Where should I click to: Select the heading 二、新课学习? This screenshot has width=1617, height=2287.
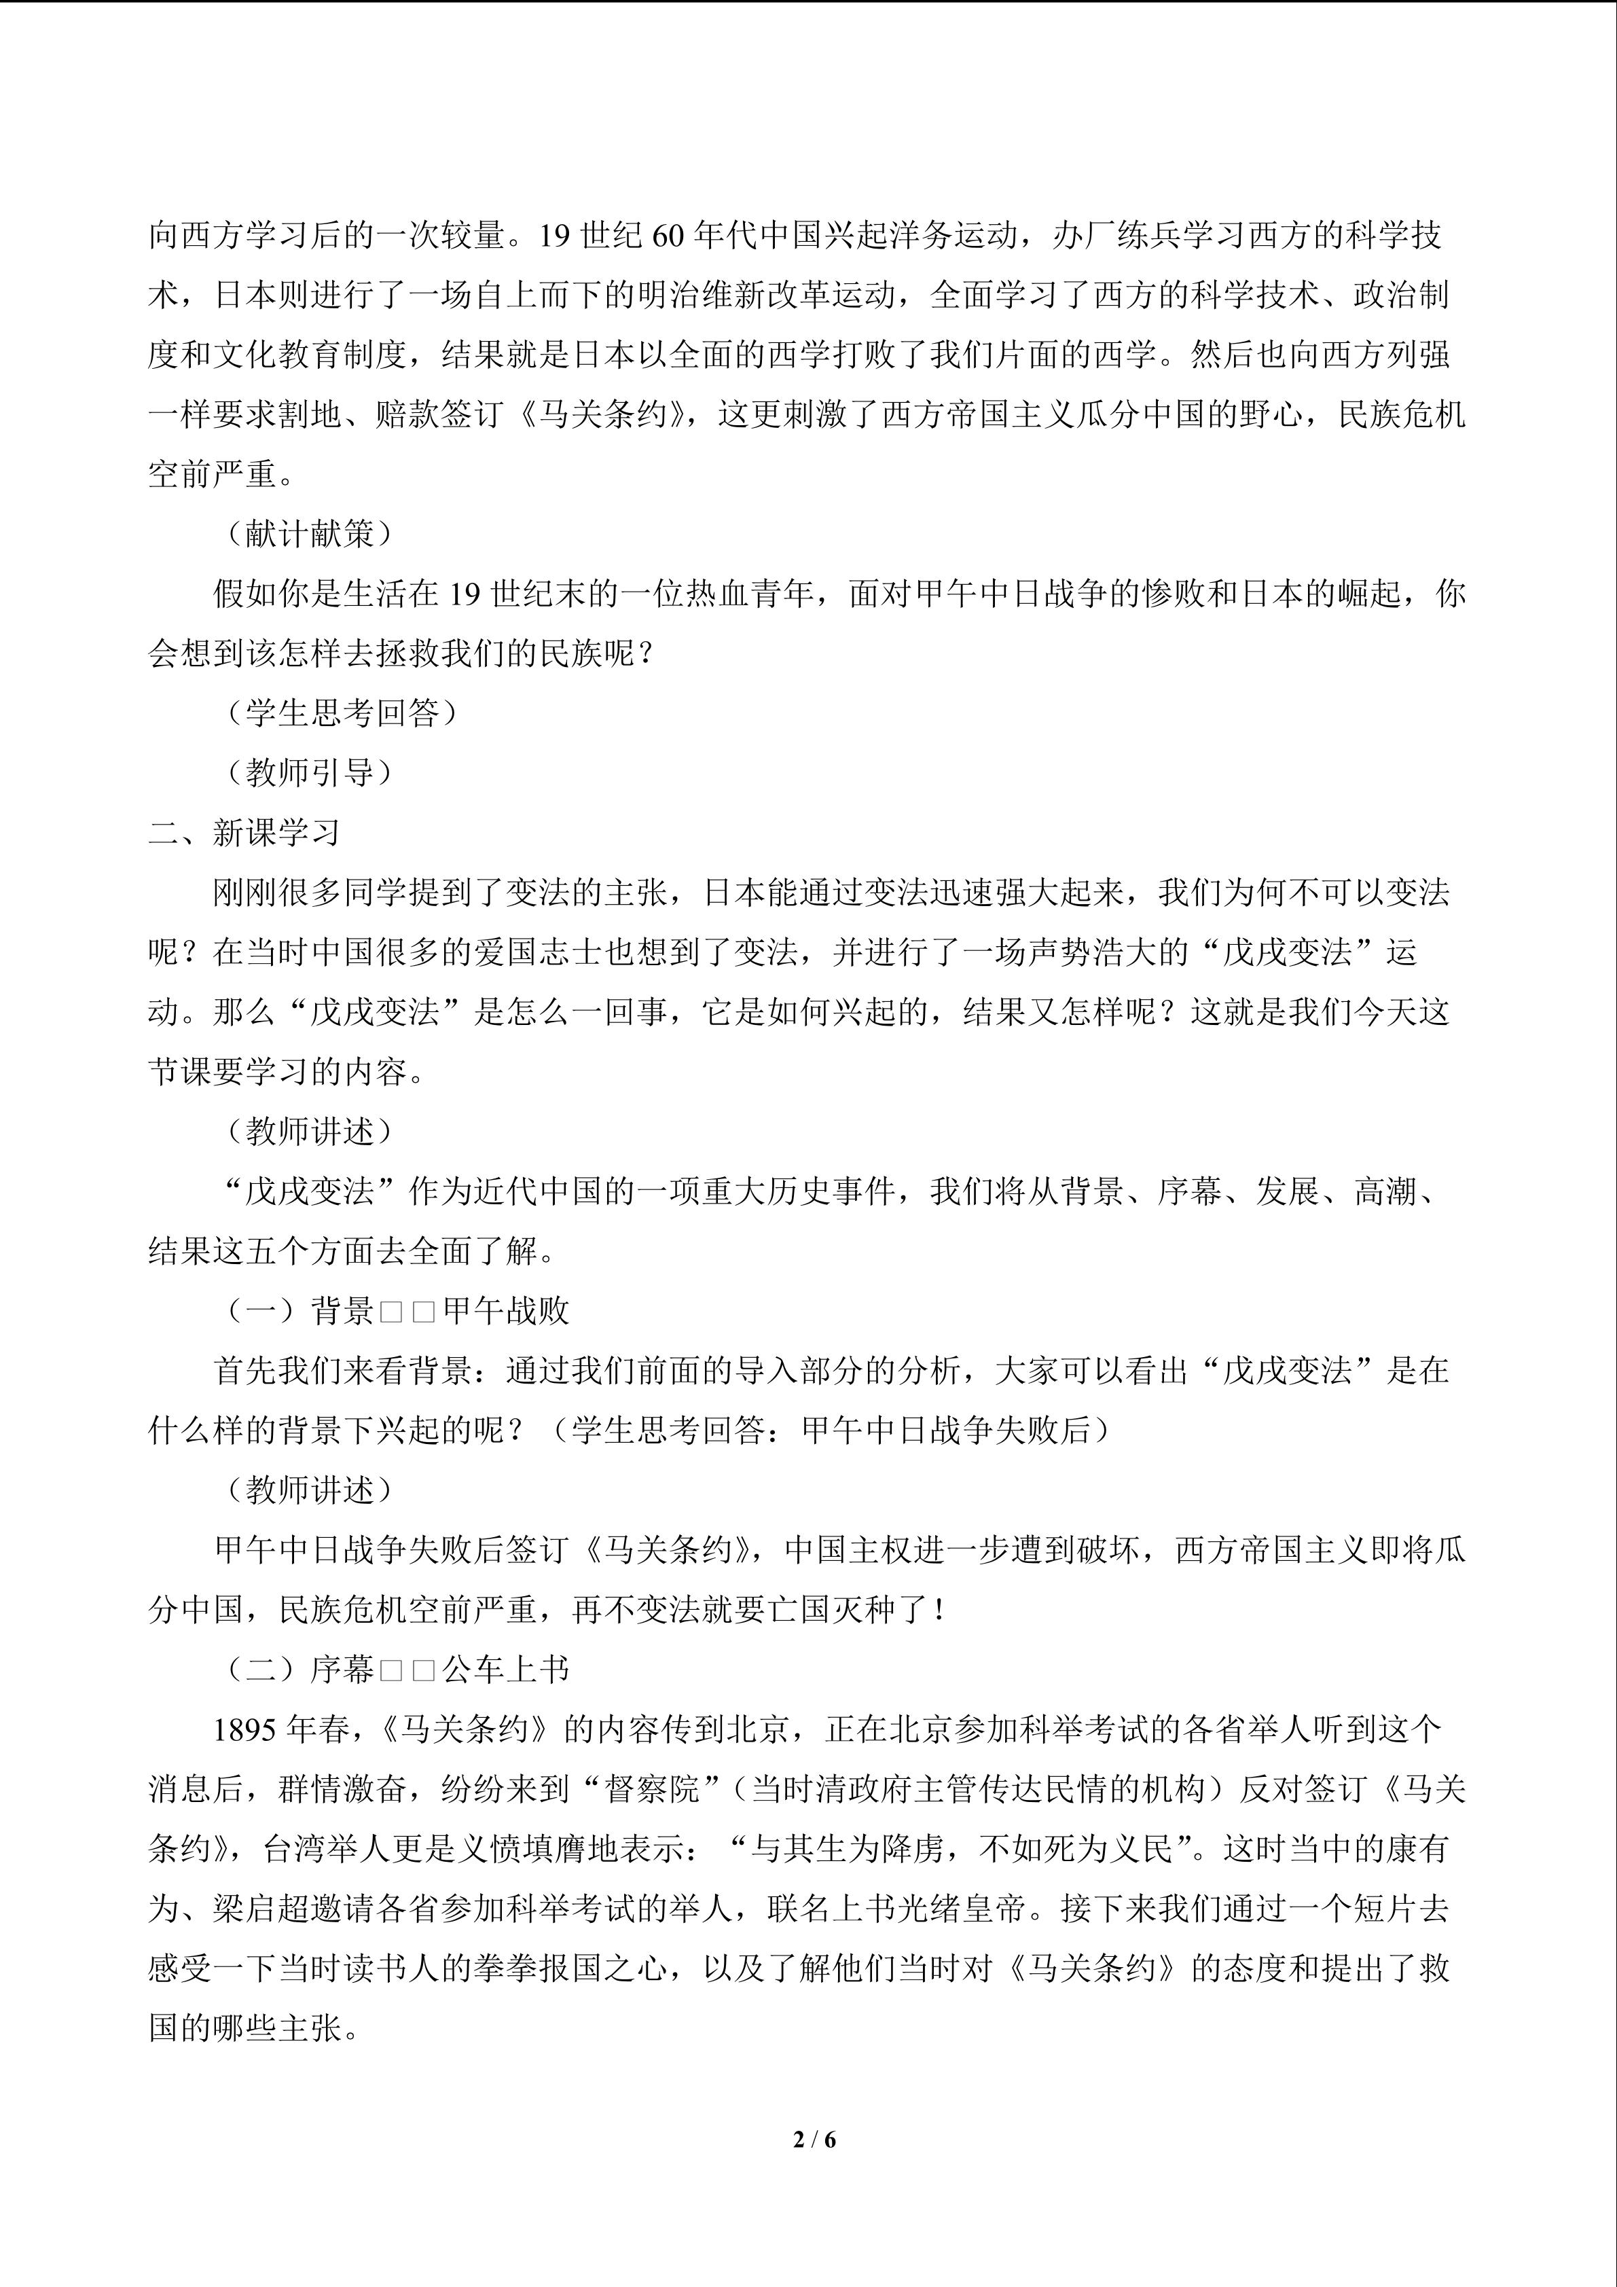[244, 831]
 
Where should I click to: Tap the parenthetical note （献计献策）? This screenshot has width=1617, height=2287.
[309, 533]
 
